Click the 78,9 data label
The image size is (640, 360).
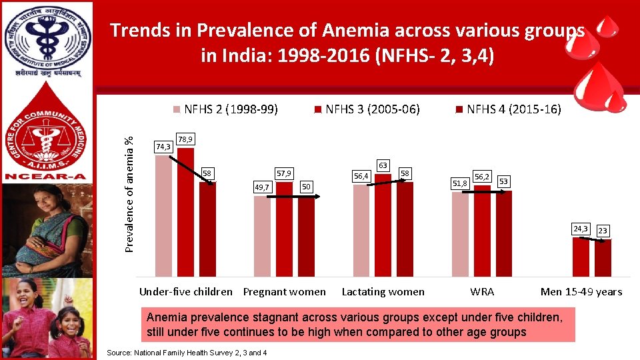(186, 139)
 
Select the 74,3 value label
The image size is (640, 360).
(163, 146)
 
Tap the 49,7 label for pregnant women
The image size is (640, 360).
(262, 187)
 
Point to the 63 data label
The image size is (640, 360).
(383, 164)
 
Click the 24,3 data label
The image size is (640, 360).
(580, 229)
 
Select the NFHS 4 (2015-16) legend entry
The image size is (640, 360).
(509, 109)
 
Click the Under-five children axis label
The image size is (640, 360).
(186, 291)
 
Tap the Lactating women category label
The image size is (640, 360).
(383, 291)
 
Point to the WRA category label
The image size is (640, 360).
(482, 291)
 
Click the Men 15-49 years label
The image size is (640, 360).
(581, 291)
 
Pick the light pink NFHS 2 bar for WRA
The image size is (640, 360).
(460, 234)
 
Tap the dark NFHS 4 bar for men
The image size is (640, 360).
(603, 258)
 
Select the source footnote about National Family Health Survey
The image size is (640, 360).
(187, 352)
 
